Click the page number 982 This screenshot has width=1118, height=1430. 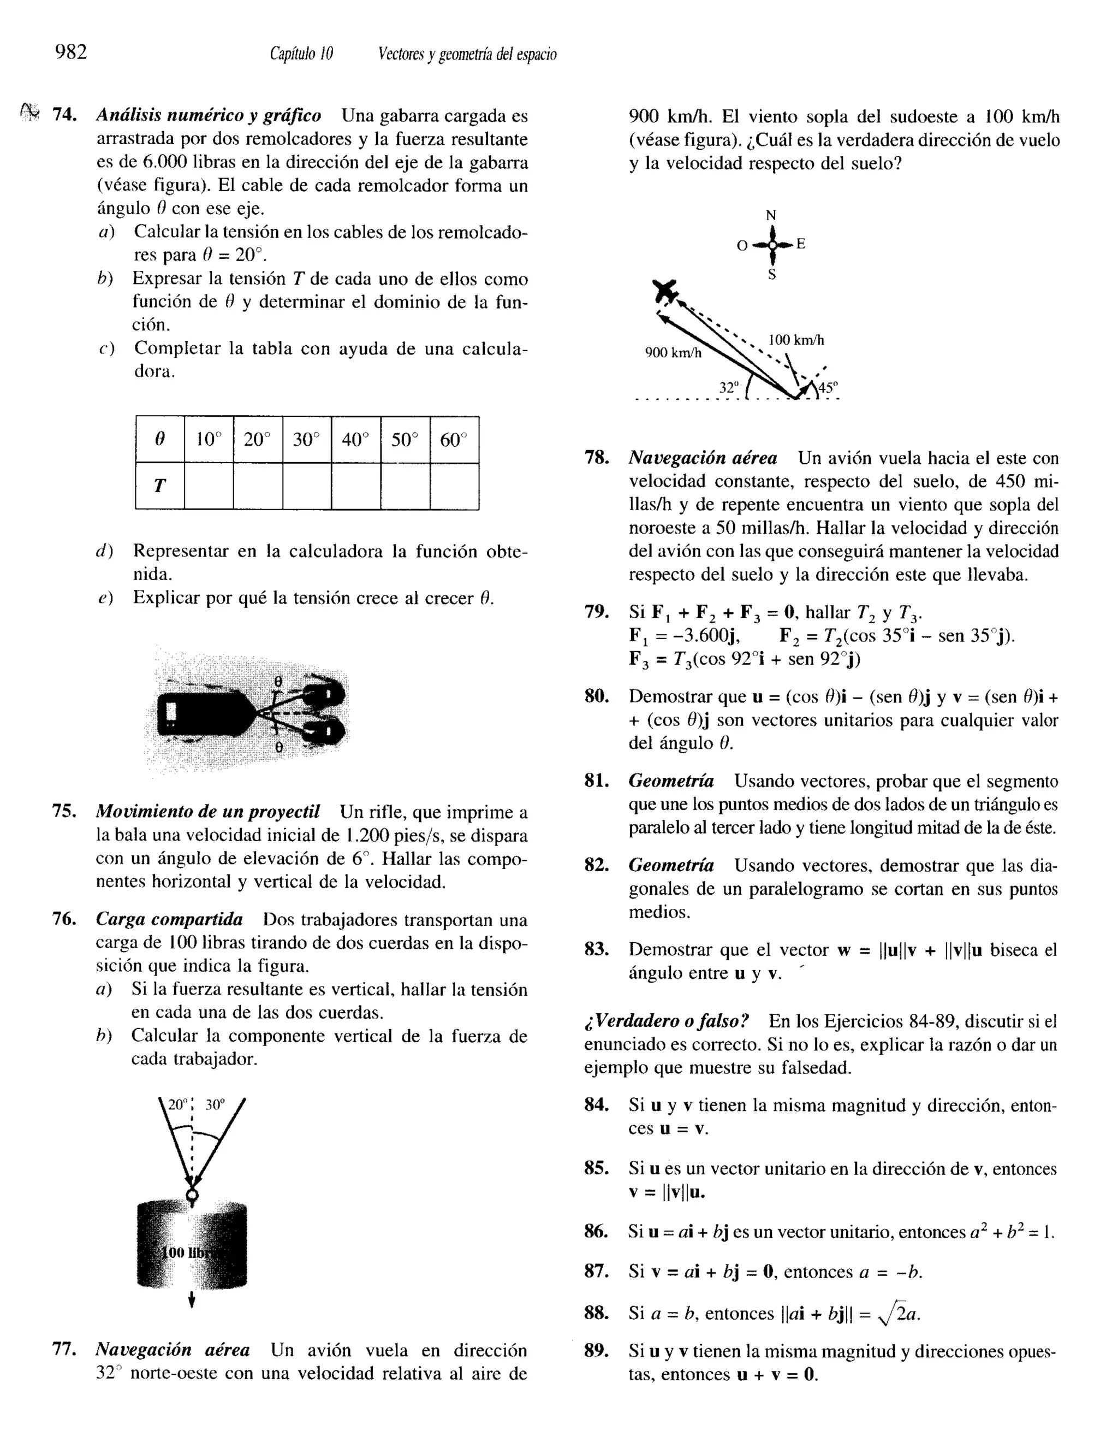point(72,52)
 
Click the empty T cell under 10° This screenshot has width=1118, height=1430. point(209,486)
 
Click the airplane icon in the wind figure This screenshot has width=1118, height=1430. point(665,290)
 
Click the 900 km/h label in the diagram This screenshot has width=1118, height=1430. point(673,352)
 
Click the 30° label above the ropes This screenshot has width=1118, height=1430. point(215,1105)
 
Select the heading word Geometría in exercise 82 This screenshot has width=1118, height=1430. point(671,866)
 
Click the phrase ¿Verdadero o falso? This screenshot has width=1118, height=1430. point(667,1021)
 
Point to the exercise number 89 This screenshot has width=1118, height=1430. point(596,1351)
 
